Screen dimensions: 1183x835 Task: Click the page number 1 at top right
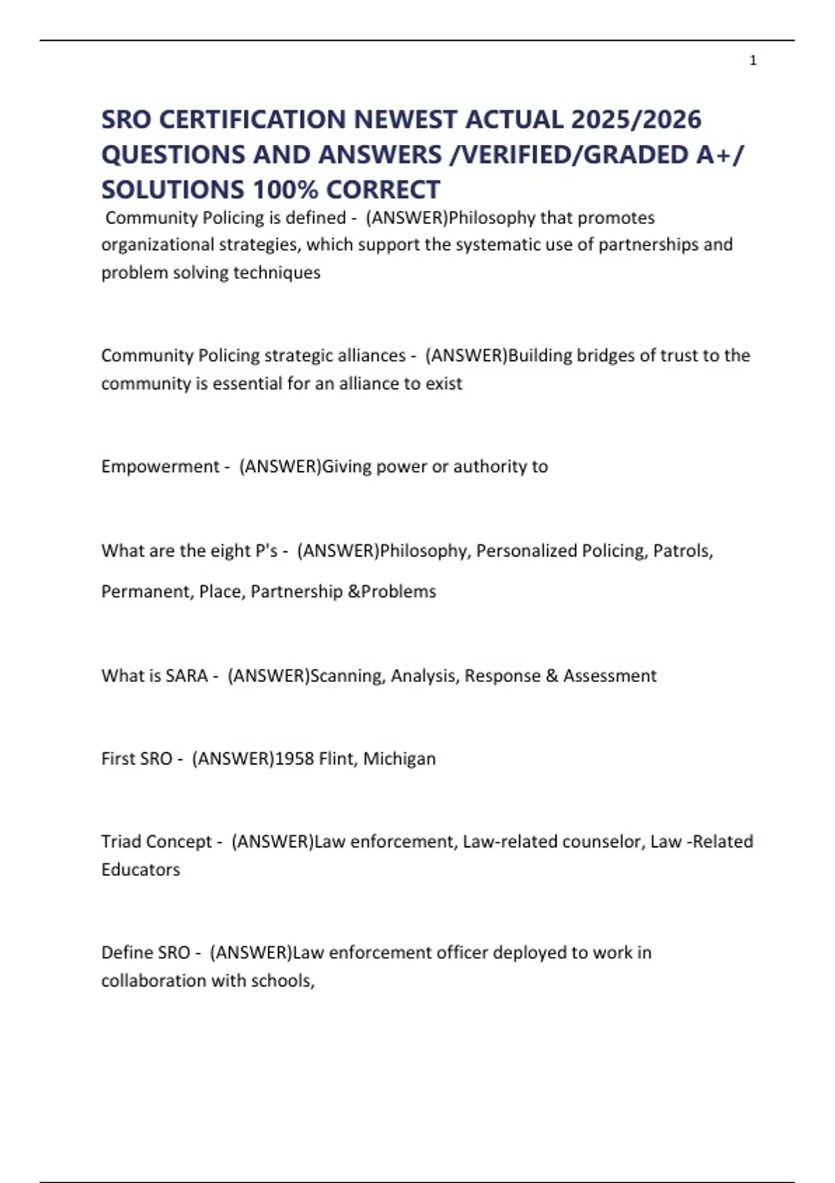click(753, 61)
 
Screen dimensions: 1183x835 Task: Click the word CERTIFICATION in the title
click(252, 120)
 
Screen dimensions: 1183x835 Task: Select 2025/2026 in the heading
click(635, 120)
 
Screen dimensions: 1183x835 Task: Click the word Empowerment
click(160, 466)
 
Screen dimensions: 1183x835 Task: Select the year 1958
click(294, 759)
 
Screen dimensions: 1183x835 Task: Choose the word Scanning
click(347, 676)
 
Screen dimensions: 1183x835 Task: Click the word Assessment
click(610, 676)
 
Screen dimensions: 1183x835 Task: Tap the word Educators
click(141, 869)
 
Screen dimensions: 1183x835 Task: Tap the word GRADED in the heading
click(635, 154)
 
